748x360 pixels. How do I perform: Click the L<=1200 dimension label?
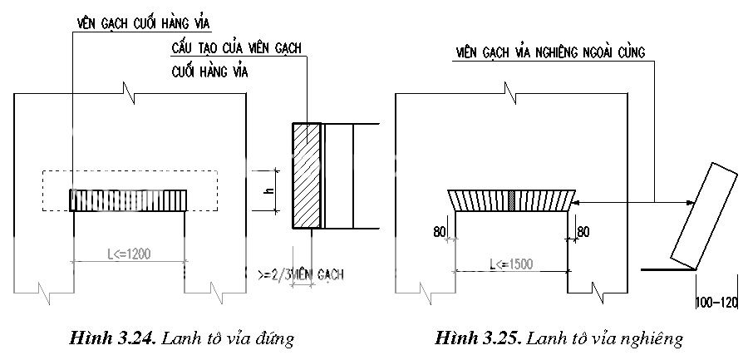pos(128,254)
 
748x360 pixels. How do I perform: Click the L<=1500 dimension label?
pos(510,264)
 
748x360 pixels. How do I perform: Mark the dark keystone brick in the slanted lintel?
pos(513,200)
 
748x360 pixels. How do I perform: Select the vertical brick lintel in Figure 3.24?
pos(129,200)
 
